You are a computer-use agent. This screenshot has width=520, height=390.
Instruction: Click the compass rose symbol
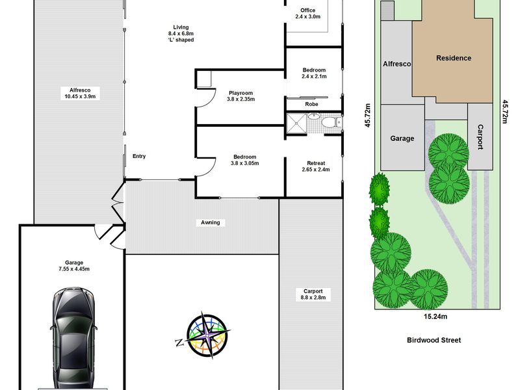point(208,335)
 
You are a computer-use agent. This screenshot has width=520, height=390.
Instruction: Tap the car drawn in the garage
point(74,338)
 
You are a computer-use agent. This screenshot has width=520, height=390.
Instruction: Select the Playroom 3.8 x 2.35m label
point(240,96)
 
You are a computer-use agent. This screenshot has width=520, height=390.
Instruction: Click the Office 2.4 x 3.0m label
point(307,13)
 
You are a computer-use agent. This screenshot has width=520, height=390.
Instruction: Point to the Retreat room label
point(316,166)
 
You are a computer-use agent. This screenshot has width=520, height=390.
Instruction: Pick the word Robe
point(311,104)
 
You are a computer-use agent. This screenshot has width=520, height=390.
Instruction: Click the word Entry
point(139,156)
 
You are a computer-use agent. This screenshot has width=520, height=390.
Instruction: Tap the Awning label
point(210,222)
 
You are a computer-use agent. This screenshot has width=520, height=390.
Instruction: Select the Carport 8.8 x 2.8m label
point(313,294)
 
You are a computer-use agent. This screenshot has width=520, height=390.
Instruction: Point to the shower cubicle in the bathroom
point(296,123)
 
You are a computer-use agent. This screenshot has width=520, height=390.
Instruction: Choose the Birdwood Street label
point(434,340)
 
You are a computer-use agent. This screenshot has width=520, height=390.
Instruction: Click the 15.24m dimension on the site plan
point(435,317)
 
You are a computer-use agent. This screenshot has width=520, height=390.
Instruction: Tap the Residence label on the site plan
point(453,58)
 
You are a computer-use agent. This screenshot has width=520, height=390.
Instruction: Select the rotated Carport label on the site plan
point(480,137)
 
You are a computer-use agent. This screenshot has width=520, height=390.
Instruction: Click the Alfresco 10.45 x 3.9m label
point(80,93)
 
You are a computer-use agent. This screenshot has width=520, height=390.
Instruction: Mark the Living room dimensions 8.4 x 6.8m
point(181,34)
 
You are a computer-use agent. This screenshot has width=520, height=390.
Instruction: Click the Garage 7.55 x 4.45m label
point(74,266)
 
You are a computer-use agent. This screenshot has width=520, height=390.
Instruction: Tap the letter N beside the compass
point(179,343)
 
